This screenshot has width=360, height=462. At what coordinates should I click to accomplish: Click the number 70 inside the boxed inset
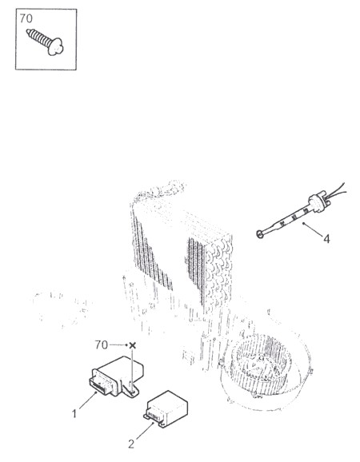(x=26, y=18)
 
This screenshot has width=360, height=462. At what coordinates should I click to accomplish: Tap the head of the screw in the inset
(x=56, y=48)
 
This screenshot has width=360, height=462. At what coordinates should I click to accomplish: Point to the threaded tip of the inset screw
(x=28, y=31)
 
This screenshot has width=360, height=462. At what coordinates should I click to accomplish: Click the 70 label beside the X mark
(x=101, y=345)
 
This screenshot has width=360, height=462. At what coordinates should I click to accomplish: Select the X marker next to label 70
(x=133, y=345)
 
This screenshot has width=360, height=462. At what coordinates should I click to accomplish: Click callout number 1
(x=74, y=414)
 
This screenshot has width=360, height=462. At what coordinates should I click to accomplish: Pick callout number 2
(x=131, y=444)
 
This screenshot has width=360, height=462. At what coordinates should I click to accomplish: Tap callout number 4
(x=326, y=239)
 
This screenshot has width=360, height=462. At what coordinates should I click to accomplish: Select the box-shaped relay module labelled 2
(x=166, y=409)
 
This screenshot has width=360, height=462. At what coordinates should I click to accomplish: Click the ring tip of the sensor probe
(x=260, y=234)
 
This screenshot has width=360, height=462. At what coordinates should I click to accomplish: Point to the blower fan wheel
(x=260, y=360)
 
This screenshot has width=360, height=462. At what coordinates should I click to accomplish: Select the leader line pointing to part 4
(x=313, y=229)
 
